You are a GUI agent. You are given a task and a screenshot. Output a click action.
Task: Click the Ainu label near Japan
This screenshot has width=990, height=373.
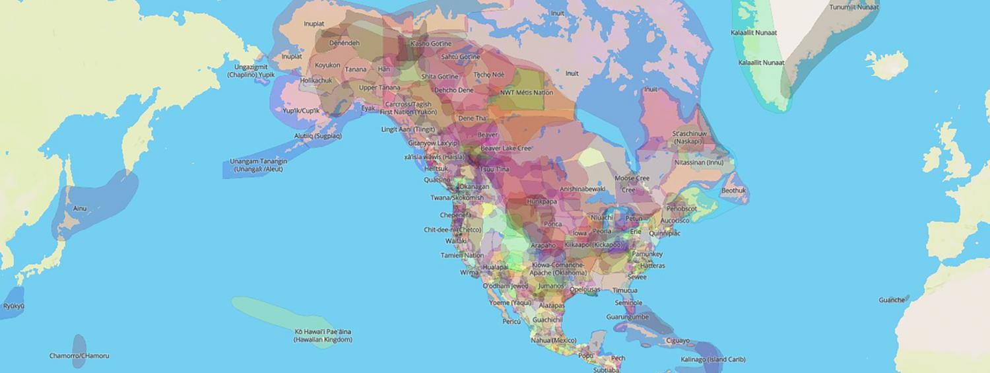(x=80, y=208)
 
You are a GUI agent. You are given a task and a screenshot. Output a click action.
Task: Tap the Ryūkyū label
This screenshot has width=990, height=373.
(x=13, y=306)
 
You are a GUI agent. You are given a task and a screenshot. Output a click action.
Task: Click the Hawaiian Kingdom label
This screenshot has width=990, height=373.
(x=323, y=335)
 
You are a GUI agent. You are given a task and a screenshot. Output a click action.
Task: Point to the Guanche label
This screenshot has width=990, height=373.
(x=892, y=300)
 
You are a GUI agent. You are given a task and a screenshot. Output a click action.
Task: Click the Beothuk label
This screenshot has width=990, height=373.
(x=733, y=190)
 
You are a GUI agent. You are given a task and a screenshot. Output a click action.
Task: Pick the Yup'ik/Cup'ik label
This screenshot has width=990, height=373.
(x=301, y=110)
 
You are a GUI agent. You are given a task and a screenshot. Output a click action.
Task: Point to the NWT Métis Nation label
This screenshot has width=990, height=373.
(x=527, y=92)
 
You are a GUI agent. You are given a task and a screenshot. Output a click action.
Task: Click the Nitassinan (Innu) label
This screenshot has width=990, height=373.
(x=699, y=162)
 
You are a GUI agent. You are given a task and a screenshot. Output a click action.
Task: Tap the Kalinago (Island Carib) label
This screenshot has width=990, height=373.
(x=713, y=359)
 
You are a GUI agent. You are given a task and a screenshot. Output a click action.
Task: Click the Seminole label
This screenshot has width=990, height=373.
(x=628, y=303)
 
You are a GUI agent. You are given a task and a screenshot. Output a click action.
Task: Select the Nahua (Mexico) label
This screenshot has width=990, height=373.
(x=554, y=340)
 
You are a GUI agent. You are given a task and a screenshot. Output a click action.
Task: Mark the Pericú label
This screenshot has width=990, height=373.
(x=511, y=322)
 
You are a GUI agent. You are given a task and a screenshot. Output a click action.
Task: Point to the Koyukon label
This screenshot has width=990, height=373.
(x=327, y=65)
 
